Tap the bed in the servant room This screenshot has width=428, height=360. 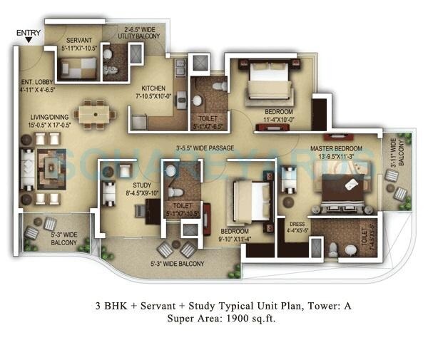[x=76, y=68]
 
